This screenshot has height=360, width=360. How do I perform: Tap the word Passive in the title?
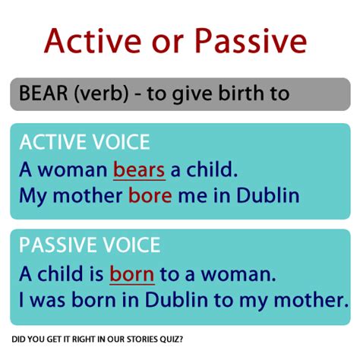tap(254, 40)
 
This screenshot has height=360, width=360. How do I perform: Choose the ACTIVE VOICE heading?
tap(85, 142)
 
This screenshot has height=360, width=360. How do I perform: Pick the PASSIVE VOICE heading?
tap(90, 245)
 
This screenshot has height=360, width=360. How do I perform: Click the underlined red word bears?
tap(139, 169)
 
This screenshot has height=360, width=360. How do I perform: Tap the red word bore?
tap(150, 195)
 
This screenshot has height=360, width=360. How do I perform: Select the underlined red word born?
tap(131, 273)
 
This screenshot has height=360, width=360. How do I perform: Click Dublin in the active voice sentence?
tap(268, 195)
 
